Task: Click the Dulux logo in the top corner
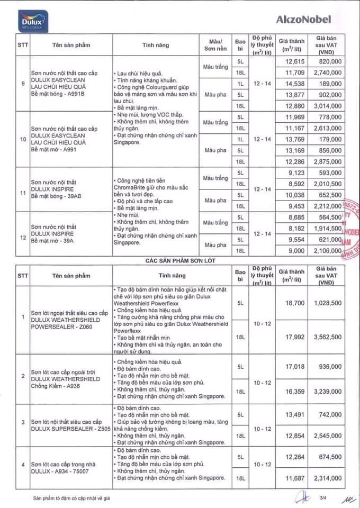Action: [x=32, y=20]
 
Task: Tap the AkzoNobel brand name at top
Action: [x=303, y=20]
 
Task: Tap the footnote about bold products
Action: [x=72, y=498]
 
